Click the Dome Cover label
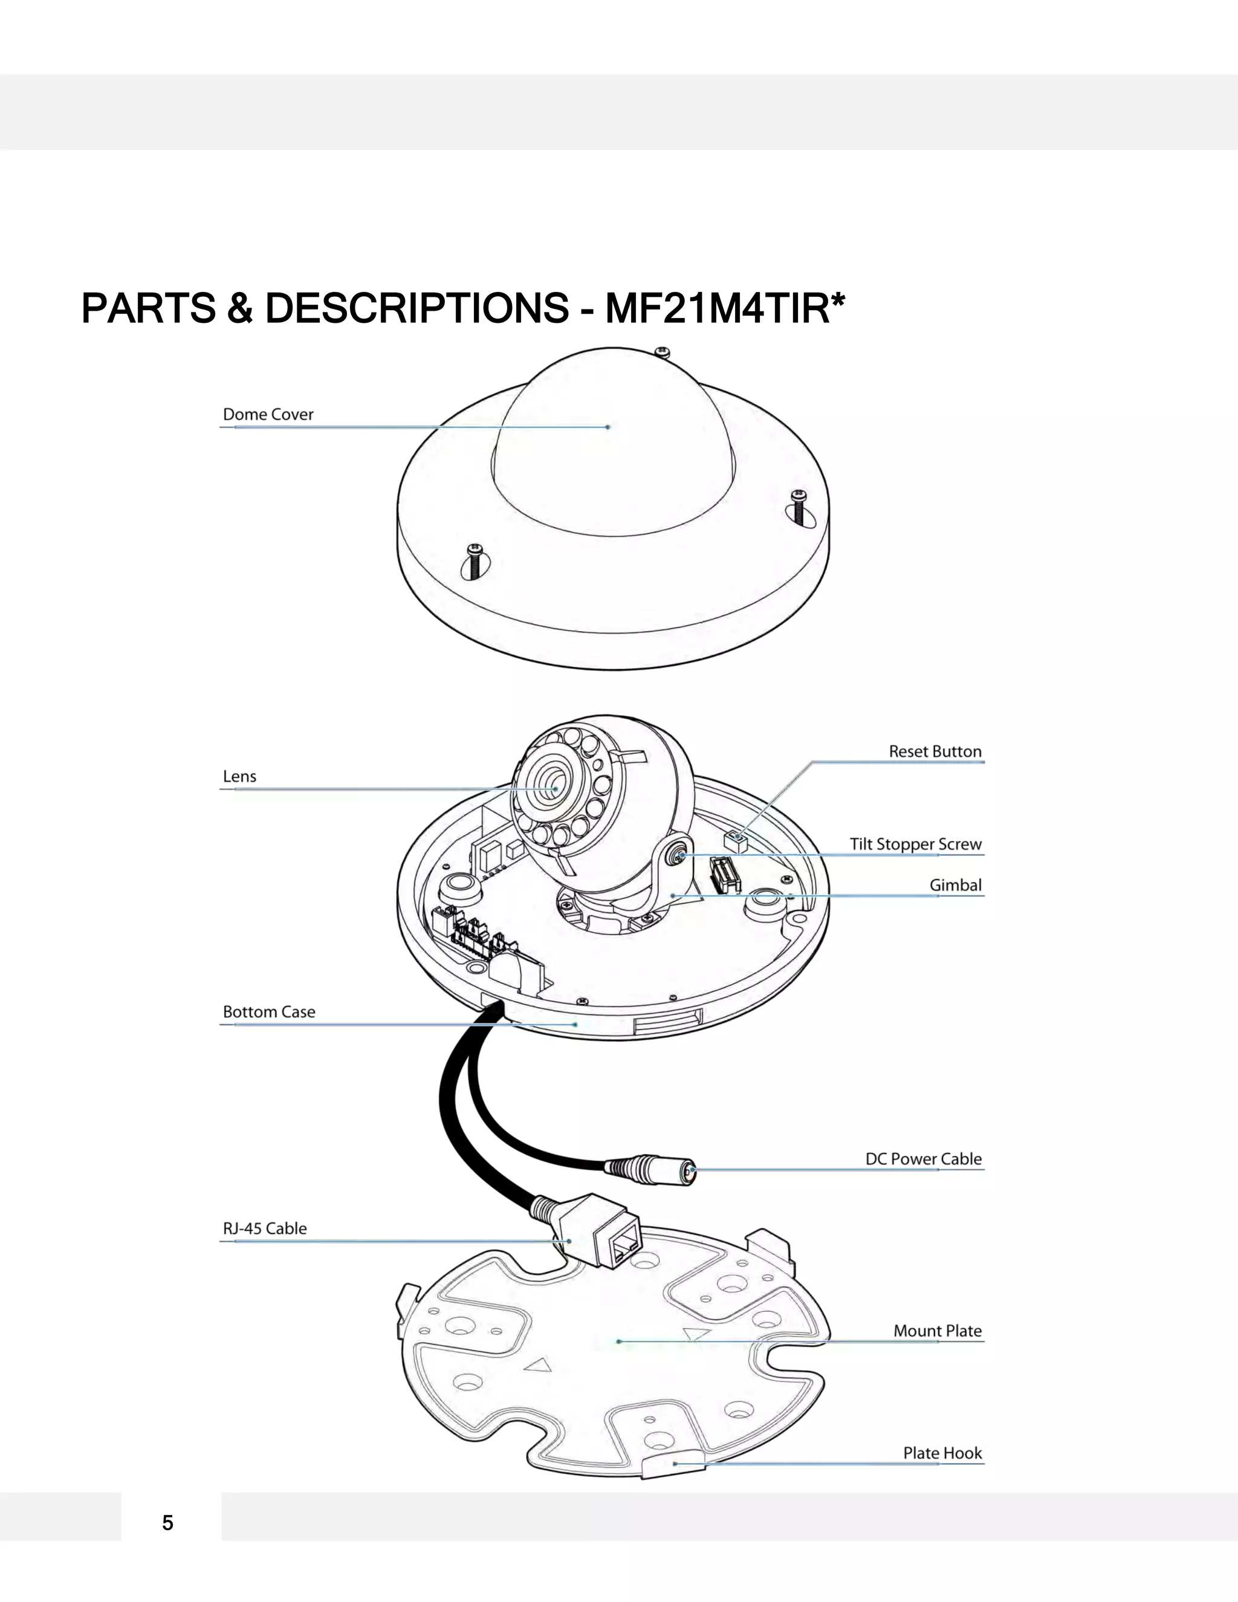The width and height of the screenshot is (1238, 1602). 268,415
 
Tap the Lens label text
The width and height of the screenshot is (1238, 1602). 239,776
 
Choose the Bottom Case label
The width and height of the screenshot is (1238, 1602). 268,1011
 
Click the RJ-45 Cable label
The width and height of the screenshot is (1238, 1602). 264,1228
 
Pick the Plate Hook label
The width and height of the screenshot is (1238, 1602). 942,1453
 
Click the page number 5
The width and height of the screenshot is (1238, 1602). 168,1523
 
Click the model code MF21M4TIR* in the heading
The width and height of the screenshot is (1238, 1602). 725,308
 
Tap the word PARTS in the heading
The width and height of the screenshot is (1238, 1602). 148,308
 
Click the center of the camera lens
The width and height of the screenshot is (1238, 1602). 551,788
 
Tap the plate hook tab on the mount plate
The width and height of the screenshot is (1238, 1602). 673,1464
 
